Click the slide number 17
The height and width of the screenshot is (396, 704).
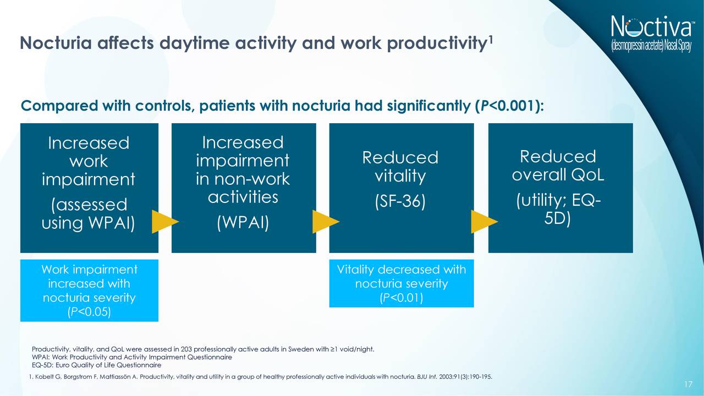click(x=688, y=384)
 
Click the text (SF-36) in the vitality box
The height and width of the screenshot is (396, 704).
click(x=400, y=201)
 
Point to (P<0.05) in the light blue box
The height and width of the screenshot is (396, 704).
click(x=89, y=312)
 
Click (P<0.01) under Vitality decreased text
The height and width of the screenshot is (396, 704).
click(x=402, y=298)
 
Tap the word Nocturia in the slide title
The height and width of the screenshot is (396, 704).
click(x=56, y=43)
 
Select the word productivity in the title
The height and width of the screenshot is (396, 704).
click(x=436, y=43)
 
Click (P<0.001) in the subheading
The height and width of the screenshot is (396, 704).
click(x=507, y=106)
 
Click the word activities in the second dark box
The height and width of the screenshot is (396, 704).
click(x=243, y=197)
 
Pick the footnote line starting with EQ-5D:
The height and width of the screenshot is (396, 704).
click(x=96, y=365)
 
